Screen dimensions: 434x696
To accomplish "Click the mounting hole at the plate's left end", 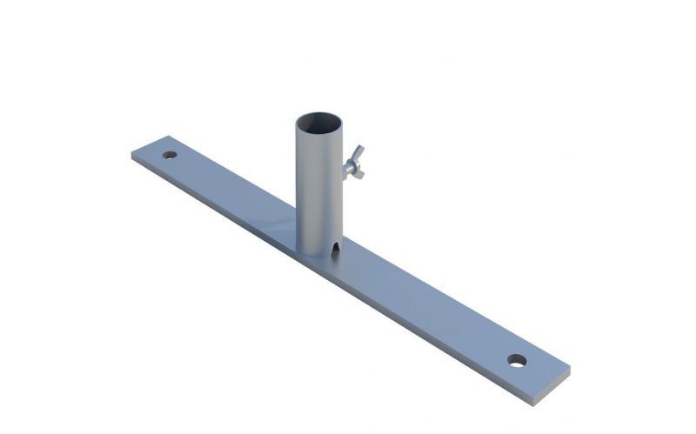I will tap(170, 155).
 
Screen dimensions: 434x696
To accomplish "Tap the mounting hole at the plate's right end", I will tap(518, 359).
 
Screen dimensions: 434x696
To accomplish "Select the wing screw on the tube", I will tap(352, 163).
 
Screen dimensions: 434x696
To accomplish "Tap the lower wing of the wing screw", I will tap(358, 172).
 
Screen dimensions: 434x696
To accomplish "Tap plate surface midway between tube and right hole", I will tap(426, 304).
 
